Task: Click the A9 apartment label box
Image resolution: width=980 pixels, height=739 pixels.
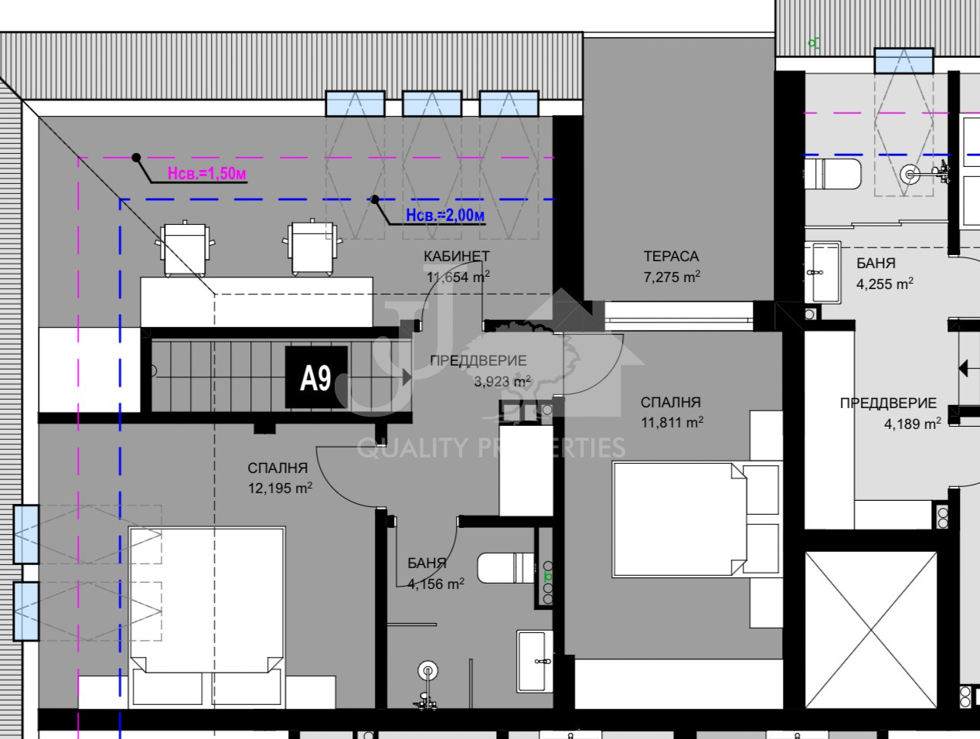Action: pos(317,377)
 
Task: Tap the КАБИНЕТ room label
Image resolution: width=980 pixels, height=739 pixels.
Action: pos(456,257)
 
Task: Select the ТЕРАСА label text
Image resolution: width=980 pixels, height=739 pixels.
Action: pos(671,257)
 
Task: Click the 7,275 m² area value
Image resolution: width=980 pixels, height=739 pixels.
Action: pos(672,277)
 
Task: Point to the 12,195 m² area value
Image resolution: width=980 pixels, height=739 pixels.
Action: pos(280,488)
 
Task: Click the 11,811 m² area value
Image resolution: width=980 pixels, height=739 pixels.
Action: pos(672,422)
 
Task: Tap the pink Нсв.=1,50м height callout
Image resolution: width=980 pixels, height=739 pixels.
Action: pos(206,173)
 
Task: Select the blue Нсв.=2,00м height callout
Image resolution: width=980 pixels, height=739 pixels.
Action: pos(445,215)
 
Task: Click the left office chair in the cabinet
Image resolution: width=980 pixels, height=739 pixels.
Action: pos(185,248)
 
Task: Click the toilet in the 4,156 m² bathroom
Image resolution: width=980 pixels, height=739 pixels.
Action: pos(505,568)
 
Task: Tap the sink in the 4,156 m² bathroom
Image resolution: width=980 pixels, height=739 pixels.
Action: pos(534,661)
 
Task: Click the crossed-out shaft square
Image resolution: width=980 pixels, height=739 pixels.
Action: pos(870,629)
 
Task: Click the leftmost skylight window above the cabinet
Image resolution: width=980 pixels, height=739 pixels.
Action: pos(355,104)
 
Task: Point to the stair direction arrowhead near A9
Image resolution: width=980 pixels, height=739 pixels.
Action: pos(407,377)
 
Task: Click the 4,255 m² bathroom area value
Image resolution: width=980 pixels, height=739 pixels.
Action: pos(884,284)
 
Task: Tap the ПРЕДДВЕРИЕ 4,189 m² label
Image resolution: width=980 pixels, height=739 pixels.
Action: pos(890,413)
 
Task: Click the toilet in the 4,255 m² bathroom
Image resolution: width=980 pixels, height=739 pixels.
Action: pos(833,174)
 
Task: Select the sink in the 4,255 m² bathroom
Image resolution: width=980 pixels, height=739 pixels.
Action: pos(823,272)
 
